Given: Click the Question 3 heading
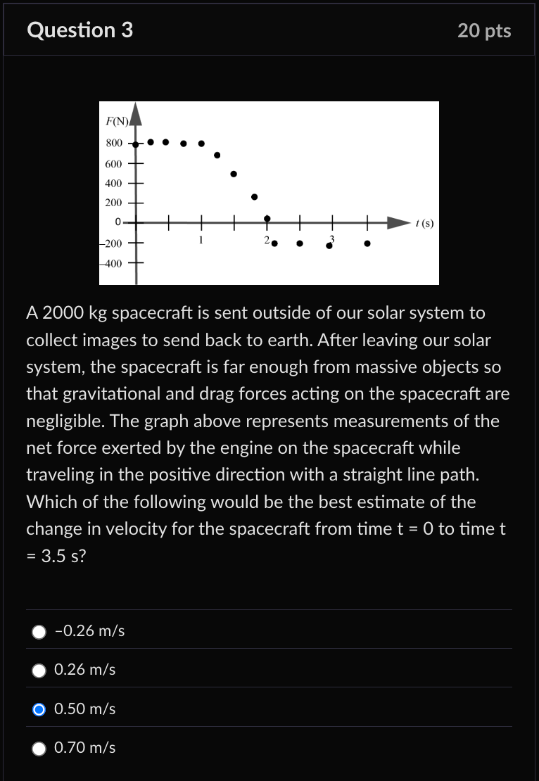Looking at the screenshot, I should [80, 30].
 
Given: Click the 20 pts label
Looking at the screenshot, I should [484, 31].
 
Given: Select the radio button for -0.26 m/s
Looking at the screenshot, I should [39, 632].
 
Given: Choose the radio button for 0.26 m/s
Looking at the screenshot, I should [39, 671].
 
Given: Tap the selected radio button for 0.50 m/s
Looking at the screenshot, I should [39, 709].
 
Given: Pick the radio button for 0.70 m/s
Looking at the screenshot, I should [39, 749].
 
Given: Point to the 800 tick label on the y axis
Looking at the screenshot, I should [114, 144].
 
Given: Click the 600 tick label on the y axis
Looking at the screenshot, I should [114, 163].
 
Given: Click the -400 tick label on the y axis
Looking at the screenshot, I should [111, 264].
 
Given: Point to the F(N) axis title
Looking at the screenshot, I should [117, 120].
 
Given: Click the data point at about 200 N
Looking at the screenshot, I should [255, 197].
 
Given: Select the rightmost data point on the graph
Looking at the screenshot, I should [367, 244].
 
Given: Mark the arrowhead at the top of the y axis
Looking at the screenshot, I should [136, 114].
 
